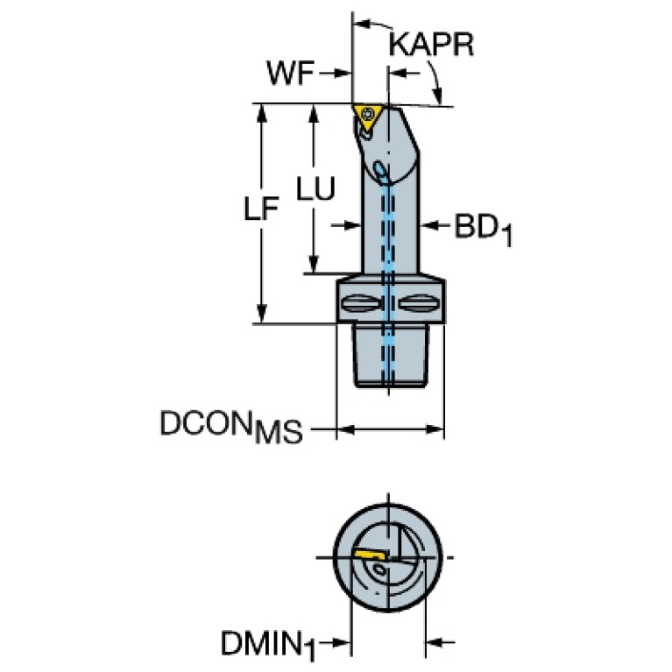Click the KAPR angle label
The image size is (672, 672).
431,44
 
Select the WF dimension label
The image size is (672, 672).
290,73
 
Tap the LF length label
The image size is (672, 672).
261,209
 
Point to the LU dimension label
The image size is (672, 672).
316,188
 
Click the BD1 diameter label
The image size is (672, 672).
483,230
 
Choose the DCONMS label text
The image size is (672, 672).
231,427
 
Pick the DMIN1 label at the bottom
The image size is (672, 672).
268,646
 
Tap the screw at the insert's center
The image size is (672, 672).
368,114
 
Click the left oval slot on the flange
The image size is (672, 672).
361,303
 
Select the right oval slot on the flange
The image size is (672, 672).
419,303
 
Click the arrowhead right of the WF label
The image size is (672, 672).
343,74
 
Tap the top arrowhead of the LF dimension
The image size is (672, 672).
261,113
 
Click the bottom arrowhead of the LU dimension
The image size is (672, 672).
314,264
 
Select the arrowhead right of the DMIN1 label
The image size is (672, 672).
342,642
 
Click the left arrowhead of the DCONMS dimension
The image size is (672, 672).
346,429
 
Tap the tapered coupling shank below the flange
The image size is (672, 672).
391,356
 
